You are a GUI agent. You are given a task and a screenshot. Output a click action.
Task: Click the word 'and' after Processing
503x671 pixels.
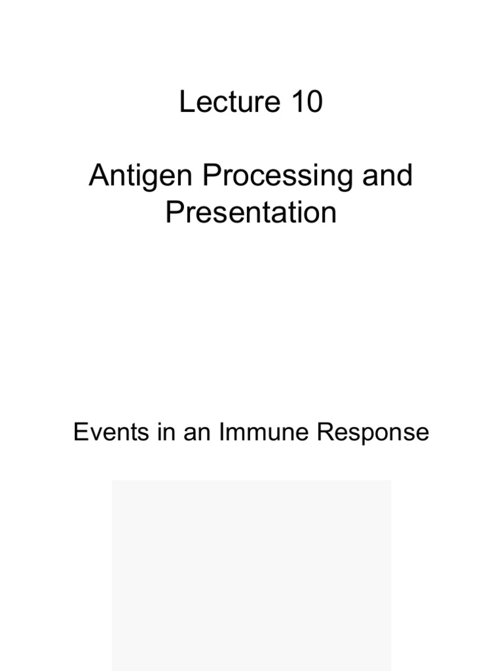coord(389,176)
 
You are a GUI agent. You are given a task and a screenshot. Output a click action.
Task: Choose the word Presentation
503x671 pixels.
coord(251,213)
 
